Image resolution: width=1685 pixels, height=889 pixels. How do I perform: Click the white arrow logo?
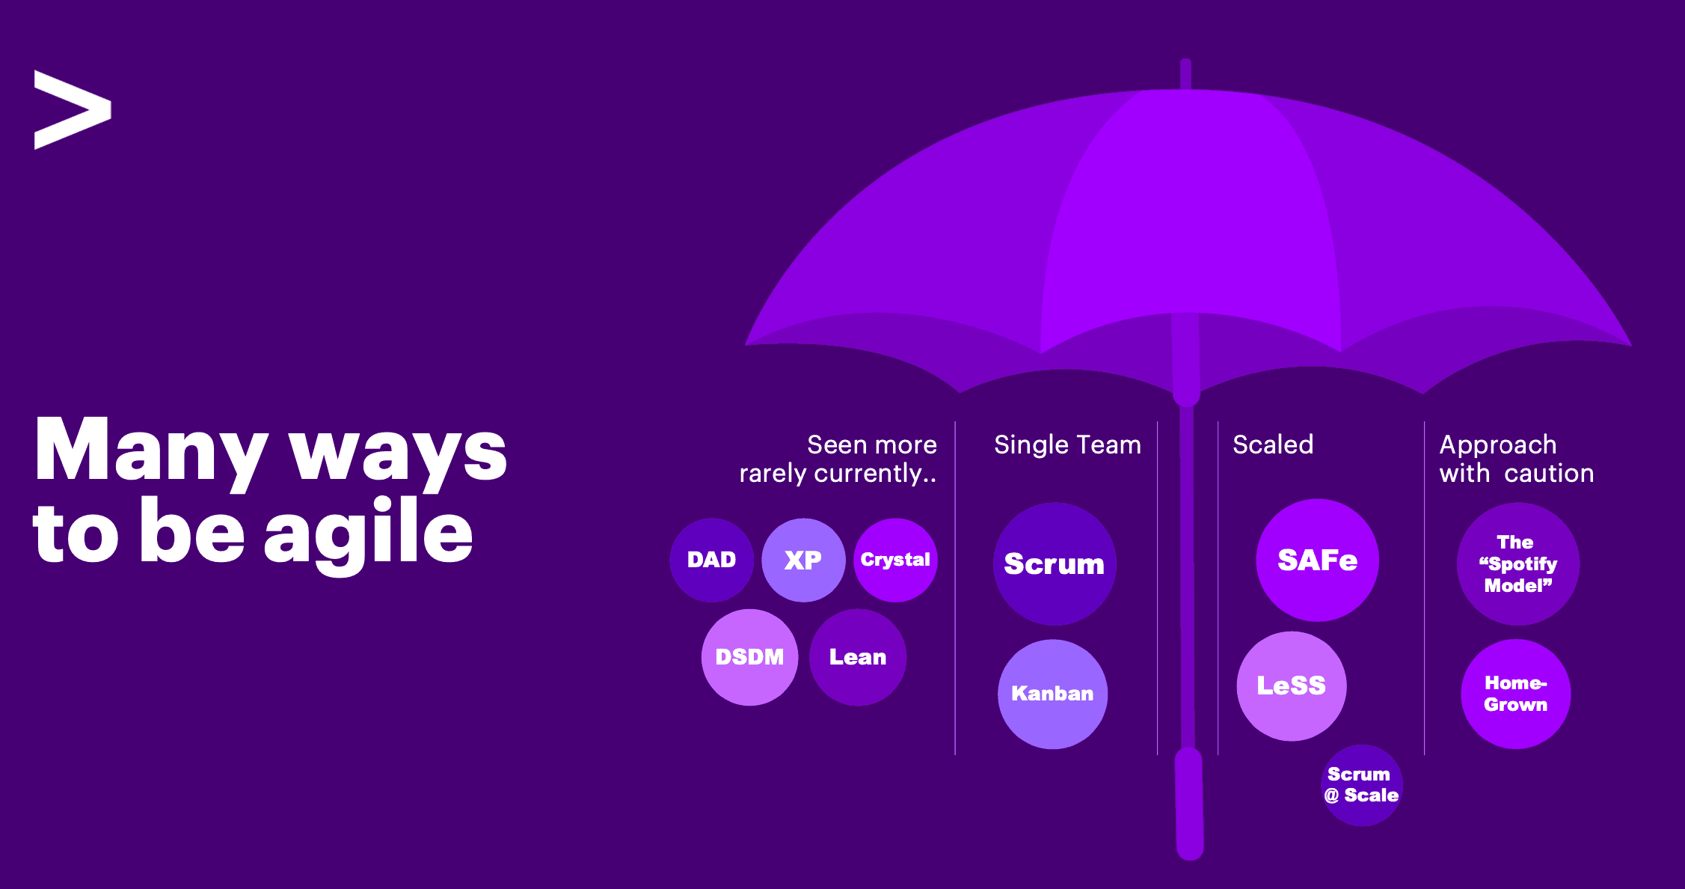(73, 110)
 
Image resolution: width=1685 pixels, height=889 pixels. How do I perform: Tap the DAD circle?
(712, 560)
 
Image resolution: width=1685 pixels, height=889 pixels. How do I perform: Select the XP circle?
(803, 560)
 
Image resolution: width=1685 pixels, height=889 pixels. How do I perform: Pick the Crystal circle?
(895, 560)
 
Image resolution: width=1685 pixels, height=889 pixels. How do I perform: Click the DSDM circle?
(749, 657)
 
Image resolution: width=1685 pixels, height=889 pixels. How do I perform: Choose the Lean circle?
(858, 657)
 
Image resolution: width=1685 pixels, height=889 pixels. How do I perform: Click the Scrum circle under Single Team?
(1055, 563)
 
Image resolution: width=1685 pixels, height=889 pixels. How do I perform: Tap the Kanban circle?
(1052, 694)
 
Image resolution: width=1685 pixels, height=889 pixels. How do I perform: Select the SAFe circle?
(1317, 560)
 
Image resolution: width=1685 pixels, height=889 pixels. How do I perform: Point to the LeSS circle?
(1292, 686)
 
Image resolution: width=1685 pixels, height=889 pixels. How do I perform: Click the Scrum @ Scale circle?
(1361, 785)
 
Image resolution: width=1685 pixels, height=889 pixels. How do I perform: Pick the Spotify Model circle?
(1518, 563)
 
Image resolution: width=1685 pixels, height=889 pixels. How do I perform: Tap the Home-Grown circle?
(1516, 694)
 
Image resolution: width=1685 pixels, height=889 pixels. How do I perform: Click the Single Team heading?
(1067, 445)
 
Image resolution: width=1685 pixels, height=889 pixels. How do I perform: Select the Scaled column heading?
(1273, 444)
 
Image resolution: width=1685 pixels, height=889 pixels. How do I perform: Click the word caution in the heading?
(1549, 474)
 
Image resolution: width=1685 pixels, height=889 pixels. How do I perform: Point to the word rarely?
(773, 474)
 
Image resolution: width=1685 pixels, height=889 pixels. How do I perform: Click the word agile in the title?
(368, 534)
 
